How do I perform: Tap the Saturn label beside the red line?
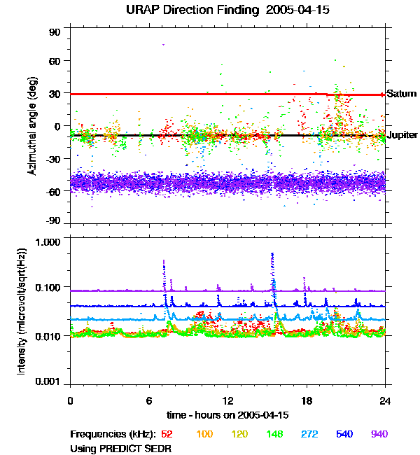(x=402, y=94)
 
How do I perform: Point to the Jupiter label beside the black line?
(x=402, y=134)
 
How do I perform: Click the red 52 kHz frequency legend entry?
(x=167, y=434)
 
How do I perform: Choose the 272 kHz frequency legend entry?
(x=309, y=434)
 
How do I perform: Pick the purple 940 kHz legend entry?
(x=379, y=434)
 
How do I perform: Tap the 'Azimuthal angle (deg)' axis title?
(x=31, y=126)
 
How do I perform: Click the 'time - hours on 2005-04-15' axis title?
(x=227, y=415)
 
